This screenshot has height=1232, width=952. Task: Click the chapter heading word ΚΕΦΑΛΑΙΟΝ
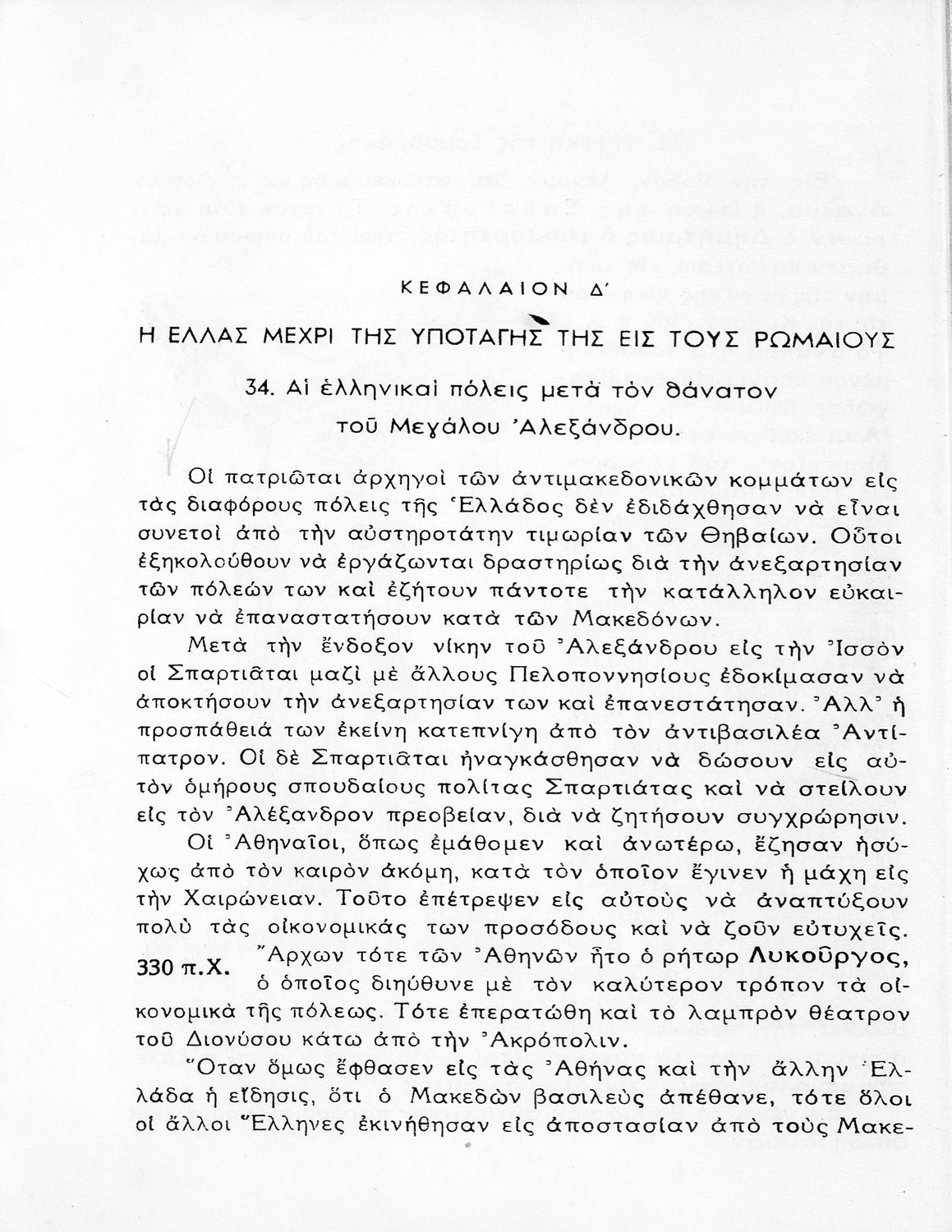click(x=461, y=288)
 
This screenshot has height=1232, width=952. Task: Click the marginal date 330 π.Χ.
click(x=178, y=967)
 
